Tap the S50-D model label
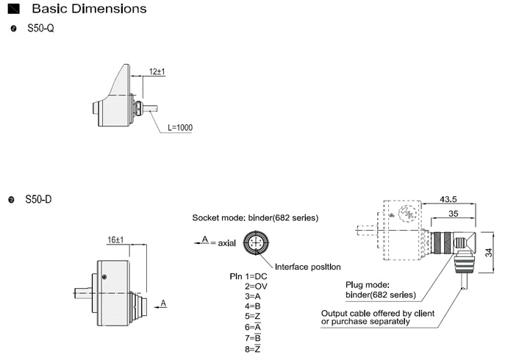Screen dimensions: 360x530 [x=39, y=199]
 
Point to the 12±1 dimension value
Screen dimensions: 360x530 [x=156, y=71]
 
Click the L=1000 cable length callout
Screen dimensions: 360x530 [x=179, y=128]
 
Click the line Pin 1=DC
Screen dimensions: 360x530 [x=251, y=276]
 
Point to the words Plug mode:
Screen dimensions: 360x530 [x=366, y=285]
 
